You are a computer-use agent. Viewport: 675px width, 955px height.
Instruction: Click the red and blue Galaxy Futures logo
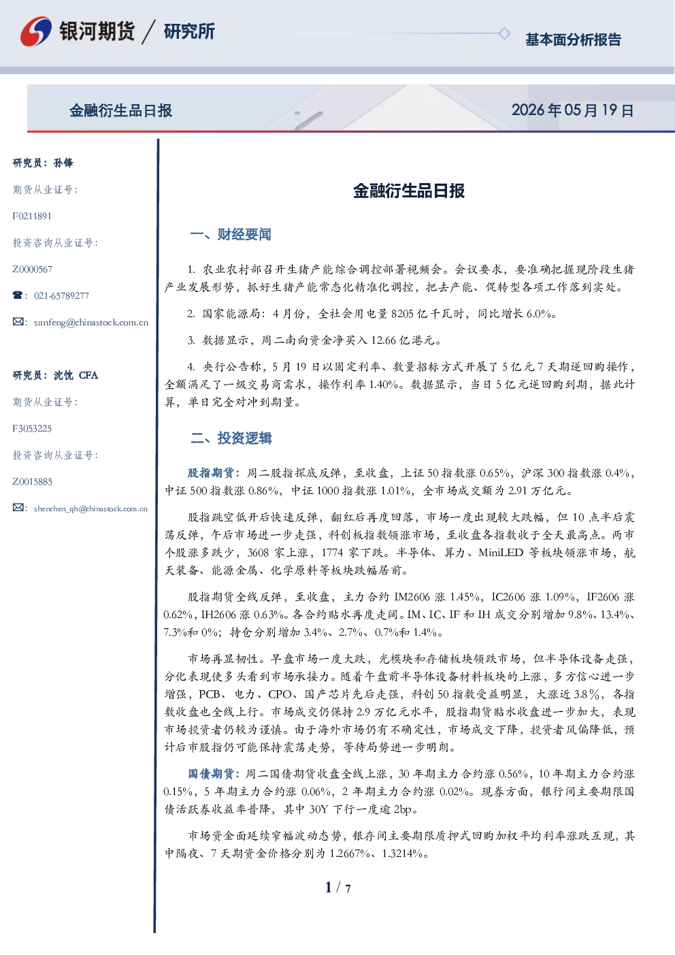(x=36, y=31)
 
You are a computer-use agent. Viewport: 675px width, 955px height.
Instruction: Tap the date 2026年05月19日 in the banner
(x=572, y=110)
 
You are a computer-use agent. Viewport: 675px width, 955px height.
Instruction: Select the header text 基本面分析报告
(x=573, y=39)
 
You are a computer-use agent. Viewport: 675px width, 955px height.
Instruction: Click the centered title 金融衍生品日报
(x=409, y=191)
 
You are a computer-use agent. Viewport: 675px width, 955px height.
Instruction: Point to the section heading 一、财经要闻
(x=231, y=234)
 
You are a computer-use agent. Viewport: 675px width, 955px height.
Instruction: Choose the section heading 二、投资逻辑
(x=231, y=438)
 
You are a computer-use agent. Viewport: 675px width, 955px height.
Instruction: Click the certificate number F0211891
(x=32, y=216)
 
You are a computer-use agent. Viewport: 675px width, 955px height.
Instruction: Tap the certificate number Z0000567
(x=33, y=270)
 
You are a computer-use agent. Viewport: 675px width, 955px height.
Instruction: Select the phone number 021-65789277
(x=61, y=296)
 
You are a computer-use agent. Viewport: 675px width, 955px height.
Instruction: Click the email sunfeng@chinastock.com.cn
(x=91, y=323)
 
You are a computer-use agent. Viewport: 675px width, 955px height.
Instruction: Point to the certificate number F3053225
(x=32, y=428)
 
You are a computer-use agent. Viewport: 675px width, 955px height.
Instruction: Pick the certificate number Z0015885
(x=33, y=482)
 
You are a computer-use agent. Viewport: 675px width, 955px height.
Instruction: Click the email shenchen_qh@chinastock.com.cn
(x=90, y=508)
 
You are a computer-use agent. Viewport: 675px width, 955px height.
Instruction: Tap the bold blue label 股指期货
(x=210, y=473)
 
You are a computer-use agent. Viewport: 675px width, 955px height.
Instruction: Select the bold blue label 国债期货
(x=211, y=774)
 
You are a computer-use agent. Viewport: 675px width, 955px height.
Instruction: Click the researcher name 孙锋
(x=63, y=163)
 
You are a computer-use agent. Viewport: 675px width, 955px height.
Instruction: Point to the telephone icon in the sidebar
(x=18, y=295)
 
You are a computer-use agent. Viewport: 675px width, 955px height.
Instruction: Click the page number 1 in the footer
(x=328, y=887)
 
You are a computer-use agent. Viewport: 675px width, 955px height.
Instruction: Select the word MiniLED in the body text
(x=501, y=553)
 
